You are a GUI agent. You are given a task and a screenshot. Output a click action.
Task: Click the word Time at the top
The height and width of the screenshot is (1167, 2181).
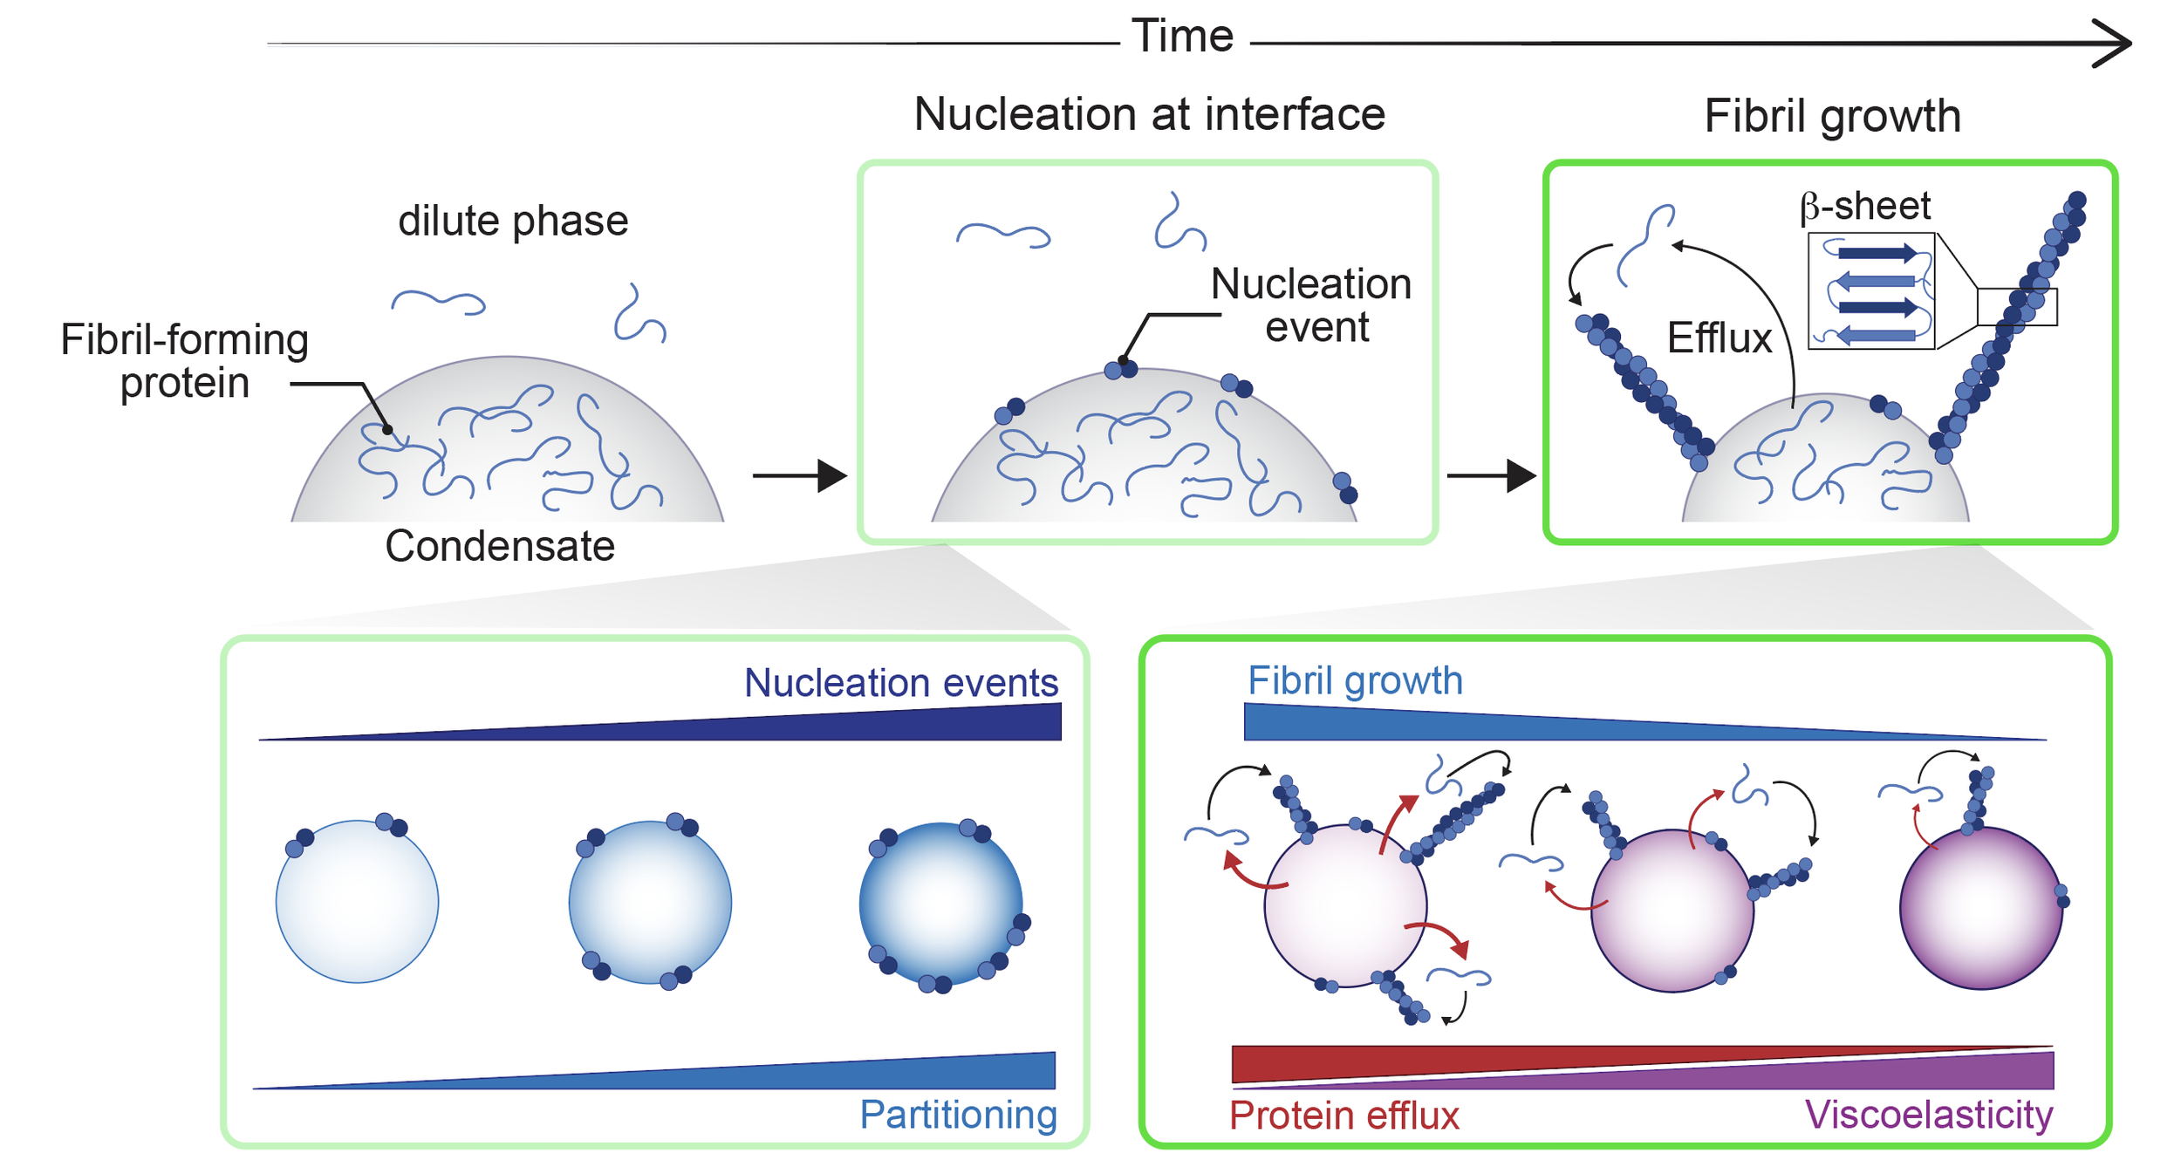(1182, 37)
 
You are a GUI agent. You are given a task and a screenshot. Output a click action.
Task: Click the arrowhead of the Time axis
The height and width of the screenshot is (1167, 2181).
(2115, 43)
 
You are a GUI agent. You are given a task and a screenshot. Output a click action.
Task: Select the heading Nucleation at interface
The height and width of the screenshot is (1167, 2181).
(1149, 114)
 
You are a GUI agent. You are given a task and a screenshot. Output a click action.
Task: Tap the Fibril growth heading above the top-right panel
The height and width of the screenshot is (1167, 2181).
(1832, 116)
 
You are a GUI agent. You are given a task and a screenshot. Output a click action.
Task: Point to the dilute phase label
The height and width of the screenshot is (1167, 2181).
(513, 221)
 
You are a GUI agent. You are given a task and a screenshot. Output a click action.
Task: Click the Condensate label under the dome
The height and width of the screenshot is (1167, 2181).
(500, 546)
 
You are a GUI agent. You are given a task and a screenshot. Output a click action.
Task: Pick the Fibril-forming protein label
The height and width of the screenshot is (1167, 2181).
(184, 361)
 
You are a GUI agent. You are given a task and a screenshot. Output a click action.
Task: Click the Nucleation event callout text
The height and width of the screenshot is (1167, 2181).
(1311, 305)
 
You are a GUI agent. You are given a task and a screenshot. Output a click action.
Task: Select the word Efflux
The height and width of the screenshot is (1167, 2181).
(1719, 338)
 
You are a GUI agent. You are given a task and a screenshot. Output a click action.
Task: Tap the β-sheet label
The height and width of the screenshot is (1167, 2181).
(1865, 206)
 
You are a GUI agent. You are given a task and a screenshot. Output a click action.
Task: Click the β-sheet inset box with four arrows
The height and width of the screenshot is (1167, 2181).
(1871, 291)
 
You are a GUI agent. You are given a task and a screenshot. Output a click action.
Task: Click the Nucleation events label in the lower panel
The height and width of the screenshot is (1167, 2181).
(901, 683)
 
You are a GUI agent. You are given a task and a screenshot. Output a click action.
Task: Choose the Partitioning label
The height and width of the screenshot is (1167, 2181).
(958, 1115)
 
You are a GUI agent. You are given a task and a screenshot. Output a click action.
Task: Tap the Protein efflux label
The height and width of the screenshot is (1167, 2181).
(1343, 1116)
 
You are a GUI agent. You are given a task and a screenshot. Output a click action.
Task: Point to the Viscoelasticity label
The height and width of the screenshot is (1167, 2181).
(1929, 1115)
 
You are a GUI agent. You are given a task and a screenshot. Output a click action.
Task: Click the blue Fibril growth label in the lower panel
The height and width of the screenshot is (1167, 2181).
(1355, 680)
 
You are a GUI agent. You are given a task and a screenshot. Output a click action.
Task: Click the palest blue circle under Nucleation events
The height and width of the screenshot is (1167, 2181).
(357, 902)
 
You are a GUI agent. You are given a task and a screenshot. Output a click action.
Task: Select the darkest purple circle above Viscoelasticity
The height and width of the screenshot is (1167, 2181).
(1980, 908)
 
